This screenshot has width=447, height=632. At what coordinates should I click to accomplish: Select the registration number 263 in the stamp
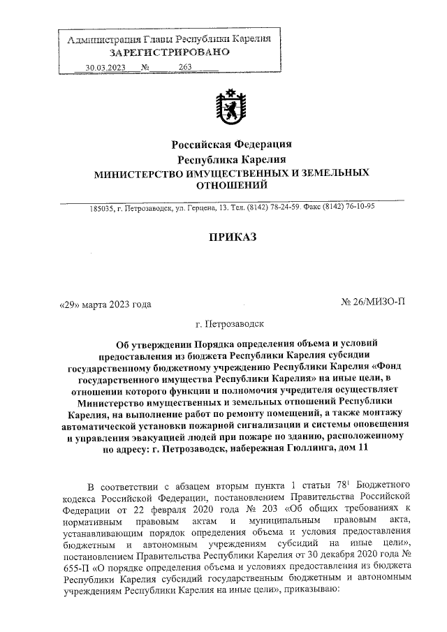click(185, 67)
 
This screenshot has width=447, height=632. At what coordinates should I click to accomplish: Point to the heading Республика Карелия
click(231, 159)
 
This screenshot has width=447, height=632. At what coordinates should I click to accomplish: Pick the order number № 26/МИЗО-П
click(372, 302)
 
